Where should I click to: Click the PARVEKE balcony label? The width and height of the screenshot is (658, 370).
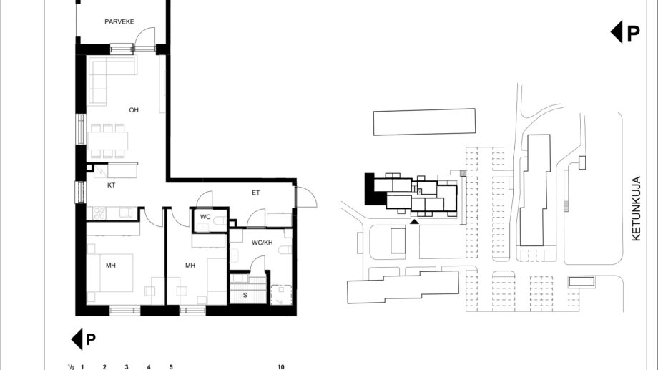click(119, 21)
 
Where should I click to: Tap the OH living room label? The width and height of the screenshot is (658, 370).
click(134, 110)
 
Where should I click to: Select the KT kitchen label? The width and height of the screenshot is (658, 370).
click(111, 185)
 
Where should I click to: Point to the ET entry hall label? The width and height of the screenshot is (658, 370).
click(255, 193)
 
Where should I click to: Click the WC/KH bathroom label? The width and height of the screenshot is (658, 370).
click(262, 243)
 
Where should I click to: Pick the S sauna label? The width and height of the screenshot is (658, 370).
click(245, 296)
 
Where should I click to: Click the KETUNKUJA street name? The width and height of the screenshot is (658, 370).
click(636, 208)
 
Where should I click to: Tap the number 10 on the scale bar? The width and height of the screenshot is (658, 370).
click(281, 367)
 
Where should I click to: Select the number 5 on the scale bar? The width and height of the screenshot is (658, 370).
click(171, 367)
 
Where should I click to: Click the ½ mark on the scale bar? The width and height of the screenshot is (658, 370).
click(71, 367)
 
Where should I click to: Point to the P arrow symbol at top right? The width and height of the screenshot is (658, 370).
click(625, 33)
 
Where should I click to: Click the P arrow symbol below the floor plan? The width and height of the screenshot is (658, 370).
click(84, 339)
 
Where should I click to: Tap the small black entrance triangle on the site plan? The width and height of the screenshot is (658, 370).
click(414, 221)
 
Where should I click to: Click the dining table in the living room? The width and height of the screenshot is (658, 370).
click(108, 141)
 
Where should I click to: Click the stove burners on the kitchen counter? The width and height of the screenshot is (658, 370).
click(99, 213)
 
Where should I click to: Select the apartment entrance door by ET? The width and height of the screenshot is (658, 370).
click(306, 197)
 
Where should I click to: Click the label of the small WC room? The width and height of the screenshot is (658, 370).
click(205, 217)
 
